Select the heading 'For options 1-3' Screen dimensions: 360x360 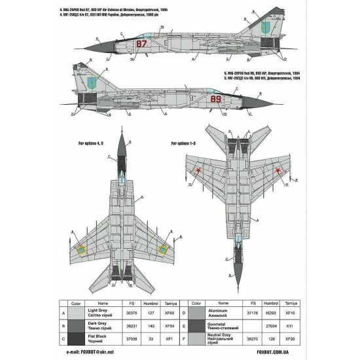pyautogui.click(x=184, y=142)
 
